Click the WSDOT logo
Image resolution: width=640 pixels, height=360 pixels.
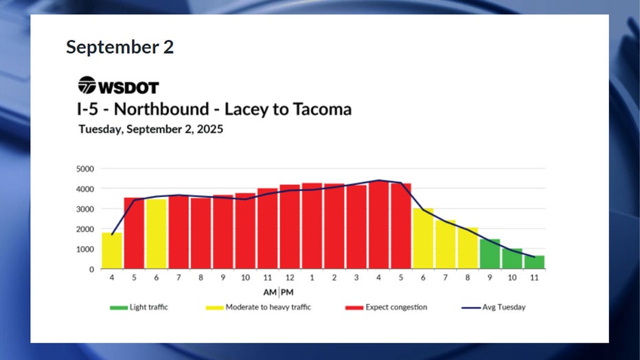tap(118, 87)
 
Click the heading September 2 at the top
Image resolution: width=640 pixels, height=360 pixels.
tap(119, 47)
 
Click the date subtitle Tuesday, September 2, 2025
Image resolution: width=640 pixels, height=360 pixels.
tap(150, 128)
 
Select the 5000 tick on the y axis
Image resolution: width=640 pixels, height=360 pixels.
tap(85, 168)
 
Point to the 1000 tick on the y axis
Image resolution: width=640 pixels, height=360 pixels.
tap(85, 249)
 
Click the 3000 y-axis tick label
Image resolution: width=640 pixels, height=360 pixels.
tap(85, 209)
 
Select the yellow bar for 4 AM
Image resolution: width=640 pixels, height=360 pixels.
tap(112, 251)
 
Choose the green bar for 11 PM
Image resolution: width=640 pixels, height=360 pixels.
tap(534, 262)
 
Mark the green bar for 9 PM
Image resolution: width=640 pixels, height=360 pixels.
tap(490, 254)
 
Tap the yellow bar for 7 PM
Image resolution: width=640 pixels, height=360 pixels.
tap(445, 245)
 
